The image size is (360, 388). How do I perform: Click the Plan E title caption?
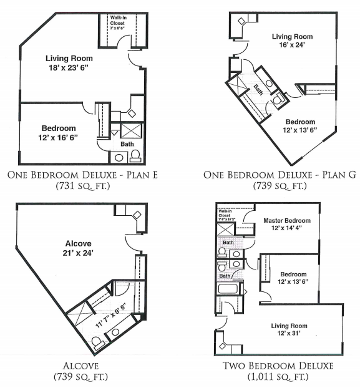coord(87,175)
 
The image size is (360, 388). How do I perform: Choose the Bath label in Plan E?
coord(127,144)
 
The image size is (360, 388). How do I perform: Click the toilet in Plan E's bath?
coord(135,156)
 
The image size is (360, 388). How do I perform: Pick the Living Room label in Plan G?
coord(292,37)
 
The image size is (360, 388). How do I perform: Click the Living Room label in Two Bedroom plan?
coord(288,326)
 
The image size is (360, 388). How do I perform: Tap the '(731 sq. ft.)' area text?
coord(87,185)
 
